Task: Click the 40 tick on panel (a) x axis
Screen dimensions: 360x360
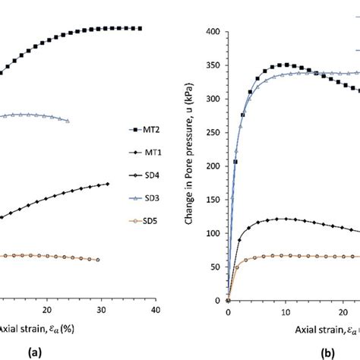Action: coord(155,312)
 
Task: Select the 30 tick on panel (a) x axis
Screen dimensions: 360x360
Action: coord(101,312)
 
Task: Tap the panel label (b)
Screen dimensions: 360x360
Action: coord(307,352)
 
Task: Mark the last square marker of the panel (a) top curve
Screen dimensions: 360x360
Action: coord(141,28)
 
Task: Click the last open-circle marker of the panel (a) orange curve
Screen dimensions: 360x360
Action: coord(98,260)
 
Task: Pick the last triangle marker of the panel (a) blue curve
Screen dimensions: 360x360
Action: coord(68,121)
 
